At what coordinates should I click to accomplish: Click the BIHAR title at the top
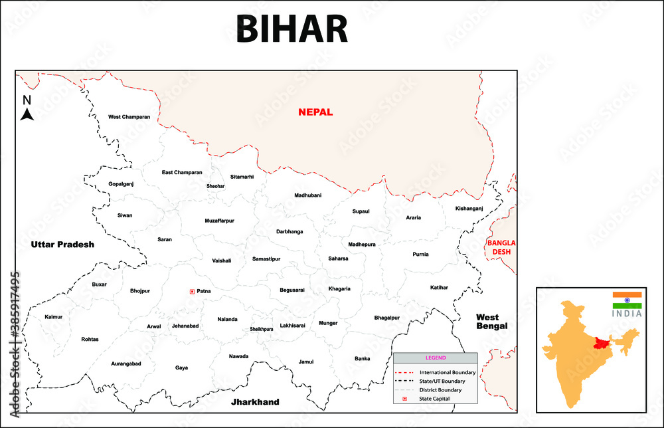[x=291, y=30]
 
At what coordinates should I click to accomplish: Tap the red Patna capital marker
[x=193, y=291]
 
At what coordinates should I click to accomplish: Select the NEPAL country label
[x=315, y=112]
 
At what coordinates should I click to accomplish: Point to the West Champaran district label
[x=129, y=117]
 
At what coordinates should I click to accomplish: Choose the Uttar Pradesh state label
[x=62, y=245]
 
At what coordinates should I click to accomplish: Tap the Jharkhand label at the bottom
[x=255, y=402]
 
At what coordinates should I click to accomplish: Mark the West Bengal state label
[x=492, y=322]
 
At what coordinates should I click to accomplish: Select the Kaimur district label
[x=54, y=317]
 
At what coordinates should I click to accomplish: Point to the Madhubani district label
[x=307, y=195]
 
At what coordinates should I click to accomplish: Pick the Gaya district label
[x=181, y=368]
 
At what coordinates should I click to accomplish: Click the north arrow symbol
[x=27, y=110]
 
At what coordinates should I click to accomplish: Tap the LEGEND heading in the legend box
[x=436, y=358]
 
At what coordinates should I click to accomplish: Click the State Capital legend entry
[x=434, y=398]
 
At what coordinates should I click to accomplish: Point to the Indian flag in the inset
[x=627, y=300]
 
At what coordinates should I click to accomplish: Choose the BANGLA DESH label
[x=501, y=247]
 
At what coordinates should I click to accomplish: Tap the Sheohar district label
[x=216, y=186]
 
